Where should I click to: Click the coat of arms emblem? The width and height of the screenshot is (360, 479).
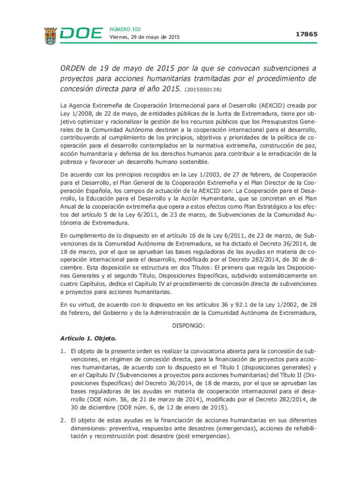[x=51, y=36]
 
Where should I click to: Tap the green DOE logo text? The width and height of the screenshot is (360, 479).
[x=81, y=34]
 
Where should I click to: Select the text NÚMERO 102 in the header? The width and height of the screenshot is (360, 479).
[x=124, y=29]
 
